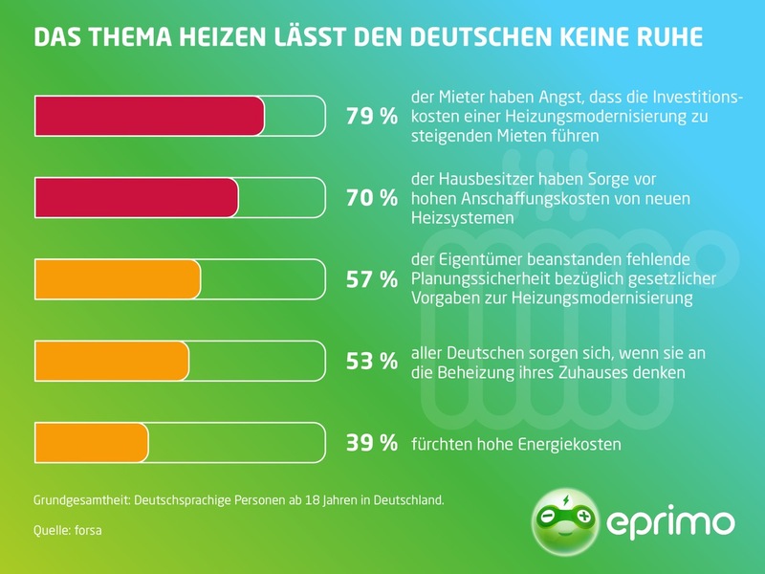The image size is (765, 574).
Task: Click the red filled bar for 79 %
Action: (x=149, y=117)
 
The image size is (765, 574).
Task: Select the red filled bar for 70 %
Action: (x=136, y=198)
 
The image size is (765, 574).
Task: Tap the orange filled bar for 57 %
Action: (x=118, y=279)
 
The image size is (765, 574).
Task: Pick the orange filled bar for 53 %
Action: (x=112, y=361)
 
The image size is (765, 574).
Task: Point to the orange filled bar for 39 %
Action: (x=91, y=442)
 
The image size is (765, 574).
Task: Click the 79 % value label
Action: (x=371, y=117)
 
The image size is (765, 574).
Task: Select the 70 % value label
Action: (x=371, y=198)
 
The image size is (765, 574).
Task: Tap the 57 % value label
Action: (x=371, y=279)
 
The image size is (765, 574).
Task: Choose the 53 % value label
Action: (x=371, y=361)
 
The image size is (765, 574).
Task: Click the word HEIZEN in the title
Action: (x=224, y=37)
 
